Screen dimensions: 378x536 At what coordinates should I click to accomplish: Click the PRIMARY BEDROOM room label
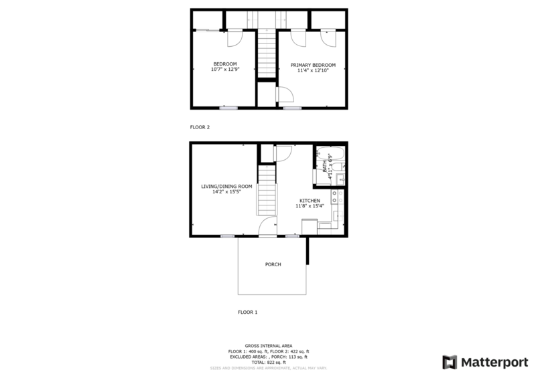(x=313, y=65)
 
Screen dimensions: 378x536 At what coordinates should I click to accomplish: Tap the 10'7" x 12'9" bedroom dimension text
(x=224, y=70)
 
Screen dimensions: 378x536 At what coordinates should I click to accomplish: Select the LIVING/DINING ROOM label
(x=226, y=187)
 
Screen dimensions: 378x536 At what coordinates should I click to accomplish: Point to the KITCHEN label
(x=310, y=200)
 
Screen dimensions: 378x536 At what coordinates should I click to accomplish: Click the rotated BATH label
(x=324, y=165)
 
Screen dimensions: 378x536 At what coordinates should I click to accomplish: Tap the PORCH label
(x=273, y=264)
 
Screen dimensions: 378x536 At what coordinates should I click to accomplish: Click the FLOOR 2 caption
(x=200, y=126)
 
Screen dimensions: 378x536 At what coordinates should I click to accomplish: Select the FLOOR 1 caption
(x=248, y=312)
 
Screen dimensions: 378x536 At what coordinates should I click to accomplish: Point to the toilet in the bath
(x=341, y=179)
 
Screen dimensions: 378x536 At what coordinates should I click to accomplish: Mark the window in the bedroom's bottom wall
(x=228, y=107)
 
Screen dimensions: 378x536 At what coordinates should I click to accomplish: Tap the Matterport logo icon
(x=450, y=362)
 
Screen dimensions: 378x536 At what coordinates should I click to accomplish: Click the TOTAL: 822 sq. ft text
(x=268, y=362)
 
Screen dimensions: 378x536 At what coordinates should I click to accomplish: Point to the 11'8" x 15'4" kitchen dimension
(x=310, y=206)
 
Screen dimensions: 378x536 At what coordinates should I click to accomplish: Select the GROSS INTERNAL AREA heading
(x=268, y=346)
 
